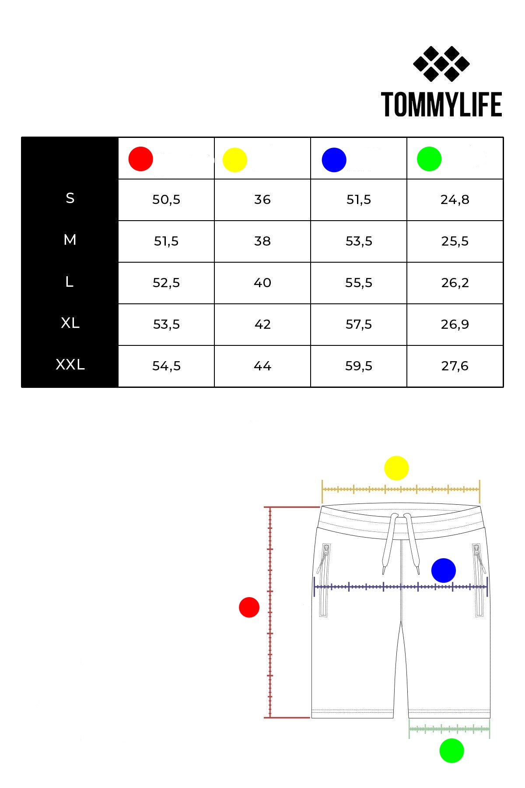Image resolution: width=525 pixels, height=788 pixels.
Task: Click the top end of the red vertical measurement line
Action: (x=270, y=507)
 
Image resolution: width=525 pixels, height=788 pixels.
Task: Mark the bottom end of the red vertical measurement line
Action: (x=270, y=718)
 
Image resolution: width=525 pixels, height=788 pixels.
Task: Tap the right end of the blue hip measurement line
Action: (x=487, y=586)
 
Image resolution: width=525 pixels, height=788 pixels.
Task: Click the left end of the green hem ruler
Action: (x=409, y=729)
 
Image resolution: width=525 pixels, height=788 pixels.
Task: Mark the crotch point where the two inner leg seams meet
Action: (x=401, y=621)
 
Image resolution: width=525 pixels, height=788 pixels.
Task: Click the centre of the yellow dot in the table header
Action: (x=235, y=160)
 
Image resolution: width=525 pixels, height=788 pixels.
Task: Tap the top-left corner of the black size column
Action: (x=21, y=137)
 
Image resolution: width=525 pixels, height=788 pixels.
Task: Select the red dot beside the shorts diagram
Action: (x=249, y=607)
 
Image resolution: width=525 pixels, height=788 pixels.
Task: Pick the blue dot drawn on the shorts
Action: (x=444, y=570)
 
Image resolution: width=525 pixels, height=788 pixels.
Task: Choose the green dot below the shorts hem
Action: (x=451, y=750)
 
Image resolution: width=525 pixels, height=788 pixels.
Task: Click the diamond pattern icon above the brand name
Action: (x=441, y=64)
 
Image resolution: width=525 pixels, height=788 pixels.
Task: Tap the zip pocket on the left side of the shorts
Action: (x=324, y=580)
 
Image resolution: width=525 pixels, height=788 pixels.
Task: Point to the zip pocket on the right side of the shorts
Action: (x=479, y=580)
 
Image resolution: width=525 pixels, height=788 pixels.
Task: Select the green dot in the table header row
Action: (x=429, y=159)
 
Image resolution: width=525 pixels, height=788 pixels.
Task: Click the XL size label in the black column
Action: (x=70, y=323)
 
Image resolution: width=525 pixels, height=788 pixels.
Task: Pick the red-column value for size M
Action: (x=166, y=241)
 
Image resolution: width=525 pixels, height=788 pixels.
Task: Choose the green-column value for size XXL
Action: (x=455, y=366)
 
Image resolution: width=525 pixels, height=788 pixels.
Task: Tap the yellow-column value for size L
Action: (x=262, y=283)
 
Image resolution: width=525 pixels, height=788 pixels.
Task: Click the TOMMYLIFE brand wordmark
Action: (x=441, y=105)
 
